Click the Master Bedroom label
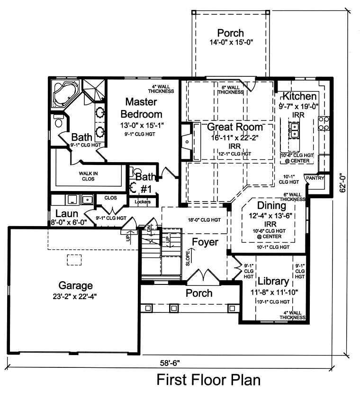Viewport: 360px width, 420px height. [x=141, y=108]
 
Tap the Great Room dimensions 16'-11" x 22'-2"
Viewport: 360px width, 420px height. [x=235, y=137]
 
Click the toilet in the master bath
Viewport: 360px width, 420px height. [x=58, y=121]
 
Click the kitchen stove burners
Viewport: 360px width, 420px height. [x=324, y=123]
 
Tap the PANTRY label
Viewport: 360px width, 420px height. [x=315, y=178]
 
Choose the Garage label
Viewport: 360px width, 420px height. [x=76, y=285]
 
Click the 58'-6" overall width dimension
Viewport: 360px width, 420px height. [x=170, y=363]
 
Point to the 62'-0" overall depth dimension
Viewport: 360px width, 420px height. [x=342, y=184]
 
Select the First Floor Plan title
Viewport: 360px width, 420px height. [x=208, y=380]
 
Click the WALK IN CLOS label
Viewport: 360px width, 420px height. [x=88, y=176]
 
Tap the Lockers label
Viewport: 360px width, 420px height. [x=143, y=201]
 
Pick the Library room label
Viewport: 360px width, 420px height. [x=273, y=281]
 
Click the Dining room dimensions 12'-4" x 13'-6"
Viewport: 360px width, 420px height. [x=270, y=216]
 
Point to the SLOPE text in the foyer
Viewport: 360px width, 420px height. [x=188, y=258]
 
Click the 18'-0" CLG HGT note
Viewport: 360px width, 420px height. [x=204, y=220]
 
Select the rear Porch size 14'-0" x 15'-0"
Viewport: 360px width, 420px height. [x=231, y=42]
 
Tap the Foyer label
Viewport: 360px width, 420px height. [x=205, y=242]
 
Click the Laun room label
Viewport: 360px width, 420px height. [x=67, y=214]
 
